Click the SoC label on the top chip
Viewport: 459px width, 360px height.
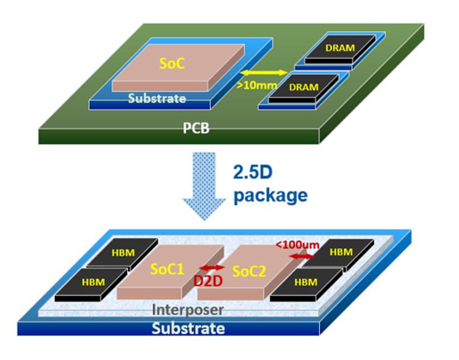click(x=173, y=63)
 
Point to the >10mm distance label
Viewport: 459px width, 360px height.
click(x=257, y=85)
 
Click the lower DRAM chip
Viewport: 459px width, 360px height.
click(x=303, y=87)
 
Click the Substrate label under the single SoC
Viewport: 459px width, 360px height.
click(x=157, y=98)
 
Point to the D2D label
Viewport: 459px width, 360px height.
click(x=208, y=280)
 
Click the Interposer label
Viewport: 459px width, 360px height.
click(x=187, y=309)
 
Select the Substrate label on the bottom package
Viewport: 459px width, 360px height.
click(x=188, y=328)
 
